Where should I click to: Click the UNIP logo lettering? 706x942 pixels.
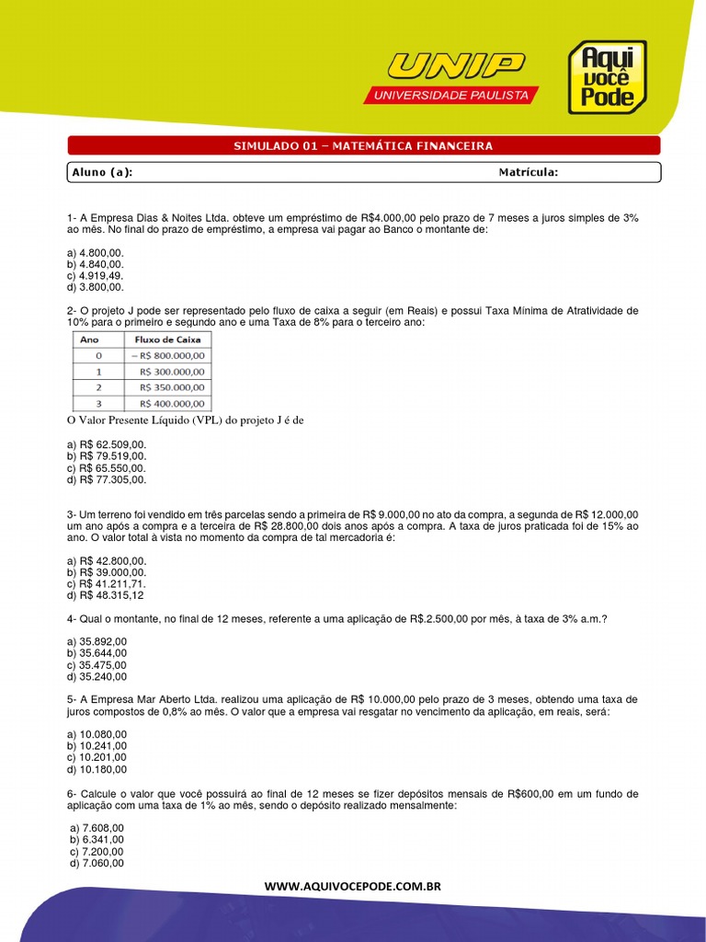tap(456, 66)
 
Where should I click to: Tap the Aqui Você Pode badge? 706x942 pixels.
tap(606, 77)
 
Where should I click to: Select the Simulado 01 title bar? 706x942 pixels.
tap(364, 145)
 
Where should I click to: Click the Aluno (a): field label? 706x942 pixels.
tap(102, 172)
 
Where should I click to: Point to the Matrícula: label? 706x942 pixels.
tap(528, 172)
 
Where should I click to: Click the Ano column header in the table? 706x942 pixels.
tap(90, 339)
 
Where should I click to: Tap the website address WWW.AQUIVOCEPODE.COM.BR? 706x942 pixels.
tap(353, 886)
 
